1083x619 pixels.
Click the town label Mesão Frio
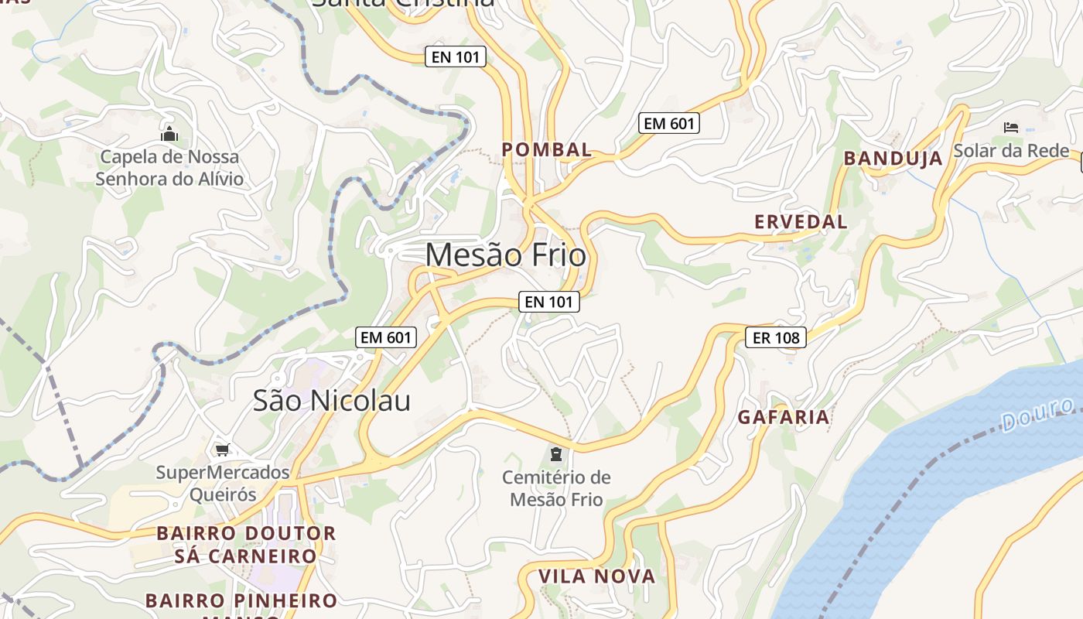pyautogui.click(x=505, y=255)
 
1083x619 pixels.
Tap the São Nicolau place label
pyautogui.click(x=332, y=400)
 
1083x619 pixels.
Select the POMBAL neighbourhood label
pyautogui.click(x=547, y=149)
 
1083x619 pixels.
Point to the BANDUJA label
pyautogui.click(x=893, y=159)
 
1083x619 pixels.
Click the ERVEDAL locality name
pyautogui.click(x=801, y=222)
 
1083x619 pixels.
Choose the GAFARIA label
pyautogui.click(x=783, y=417)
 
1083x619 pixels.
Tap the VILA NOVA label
pyautogui.click(x=596, y=576)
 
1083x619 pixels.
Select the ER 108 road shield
pyautogui.click(x=776, y=337)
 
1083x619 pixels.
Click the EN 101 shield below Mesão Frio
pyautogui.click(x=548, y=302)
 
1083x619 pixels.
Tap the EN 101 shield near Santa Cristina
pyautogui.click(x=456, y=56)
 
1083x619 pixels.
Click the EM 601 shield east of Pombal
pyautogui.click(x=669, y=122)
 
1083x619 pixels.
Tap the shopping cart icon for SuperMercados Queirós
pyautogui.click(x=223, y=450)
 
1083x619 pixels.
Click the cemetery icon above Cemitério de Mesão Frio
pyautogui.click(x=555, y=453)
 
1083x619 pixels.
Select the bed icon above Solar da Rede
pyautogui.click(x=1010, y=127)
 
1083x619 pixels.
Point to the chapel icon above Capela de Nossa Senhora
pyautogui.click(x=169, y=135)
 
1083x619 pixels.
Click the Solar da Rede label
pyautogui.click(x=1010, y=150)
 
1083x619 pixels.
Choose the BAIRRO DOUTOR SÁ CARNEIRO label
pyautogui.click(x=246, y=545)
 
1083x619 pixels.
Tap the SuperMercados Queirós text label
pyautogui.click(x=223, y=483)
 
